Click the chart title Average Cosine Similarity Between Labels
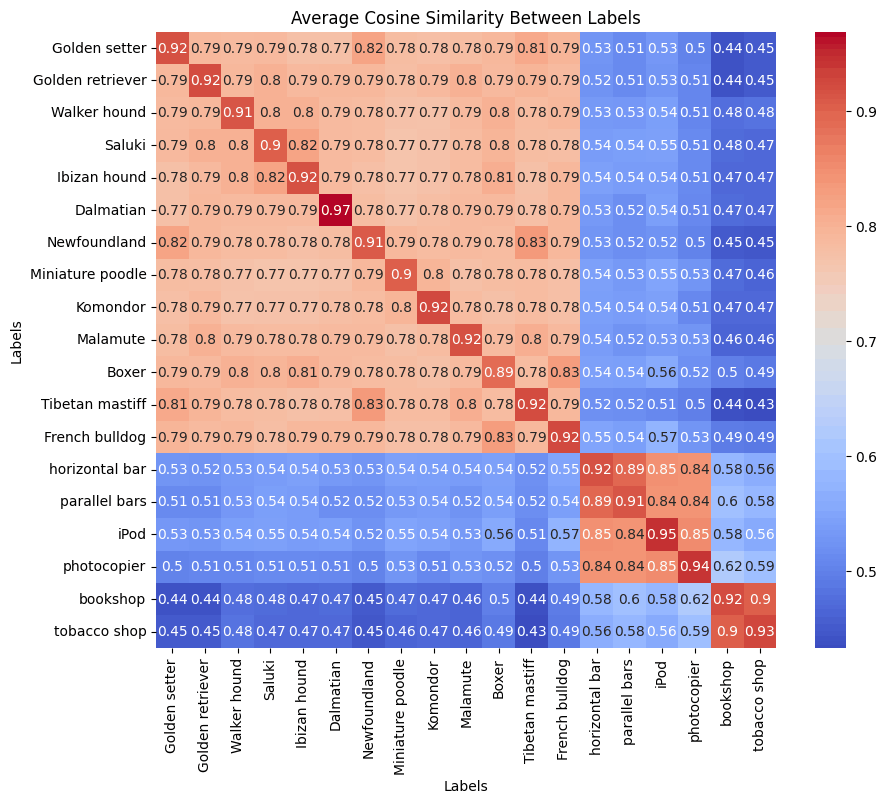[465, 17]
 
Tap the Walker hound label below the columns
[236, 704]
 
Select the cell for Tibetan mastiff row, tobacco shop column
[758, 405]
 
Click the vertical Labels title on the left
[17, 340]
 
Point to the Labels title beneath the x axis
[465, 786]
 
